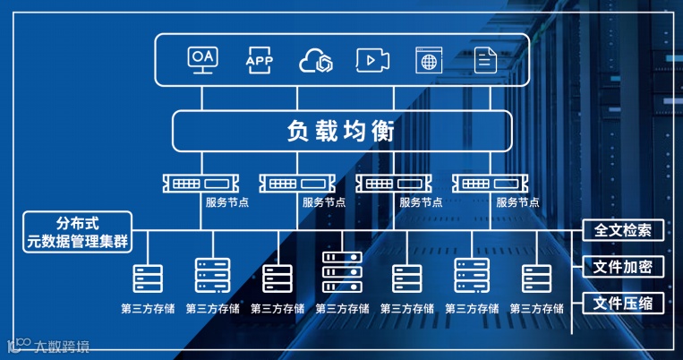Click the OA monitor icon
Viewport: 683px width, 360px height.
click(x=201, y=60)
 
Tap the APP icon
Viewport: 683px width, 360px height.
click(x=259, y=60)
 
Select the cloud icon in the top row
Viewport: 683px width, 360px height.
click(x=316, y=60)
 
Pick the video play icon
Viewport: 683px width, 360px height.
click(x=372, y=60)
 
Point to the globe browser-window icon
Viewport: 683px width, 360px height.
click(x=429, y=61)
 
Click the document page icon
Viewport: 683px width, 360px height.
click(x=485, y=60)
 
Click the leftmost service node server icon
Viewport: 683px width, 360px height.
click(x=197, y=184)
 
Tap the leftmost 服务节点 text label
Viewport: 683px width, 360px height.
click(x=227, y=202)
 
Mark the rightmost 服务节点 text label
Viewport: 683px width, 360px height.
click(x=517, y=202)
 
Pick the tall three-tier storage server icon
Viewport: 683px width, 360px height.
click(x=342, y=273)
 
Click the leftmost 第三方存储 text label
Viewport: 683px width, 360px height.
click(x=148, y=309)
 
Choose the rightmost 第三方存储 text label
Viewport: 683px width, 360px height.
click(x=537, y=309)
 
